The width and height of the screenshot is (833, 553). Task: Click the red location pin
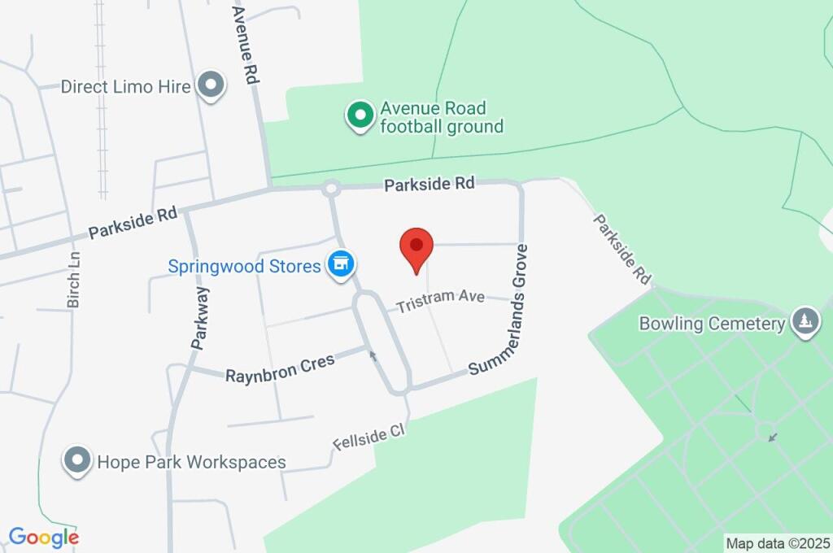pos(416,247)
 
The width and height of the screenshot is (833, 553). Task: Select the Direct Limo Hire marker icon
pos(212,85)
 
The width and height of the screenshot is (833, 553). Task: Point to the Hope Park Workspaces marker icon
pos(77,461)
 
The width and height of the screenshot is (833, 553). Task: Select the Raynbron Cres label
pos(280,369)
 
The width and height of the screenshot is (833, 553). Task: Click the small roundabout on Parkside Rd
pos(330,189)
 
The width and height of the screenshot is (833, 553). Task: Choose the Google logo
pos(43,537)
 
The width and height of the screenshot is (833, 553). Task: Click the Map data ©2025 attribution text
pos(778,542)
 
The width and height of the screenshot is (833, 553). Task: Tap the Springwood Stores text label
pos(244,266)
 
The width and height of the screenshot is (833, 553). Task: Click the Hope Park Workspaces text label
pos(191,462)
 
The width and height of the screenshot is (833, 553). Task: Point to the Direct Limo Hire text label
pos(126,86)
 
